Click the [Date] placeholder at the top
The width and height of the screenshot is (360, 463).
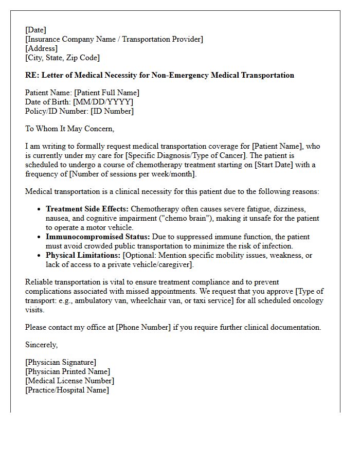pos(35,30)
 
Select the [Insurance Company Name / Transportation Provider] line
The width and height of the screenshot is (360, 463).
pos(114,39)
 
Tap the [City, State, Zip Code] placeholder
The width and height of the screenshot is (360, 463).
pos(62,58)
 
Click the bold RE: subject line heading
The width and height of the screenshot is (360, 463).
pos(159,75)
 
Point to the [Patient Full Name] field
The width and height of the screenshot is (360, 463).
pos(106,93)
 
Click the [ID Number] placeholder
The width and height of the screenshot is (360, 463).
pos(112,111)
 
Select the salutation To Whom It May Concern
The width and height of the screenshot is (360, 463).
pos(69,129)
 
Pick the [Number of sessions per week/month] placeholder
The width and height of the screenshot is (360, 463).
pos(127,174)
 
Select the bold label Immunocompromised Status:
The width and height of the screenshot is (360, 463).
pos(98,237)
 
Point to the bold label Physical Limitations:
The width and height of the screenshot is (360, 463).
pos(83,255)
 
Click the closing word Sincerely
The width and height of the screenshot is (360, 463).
pos(41,345)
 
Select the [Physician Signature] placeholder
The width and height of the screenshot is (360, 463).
pos(60,362)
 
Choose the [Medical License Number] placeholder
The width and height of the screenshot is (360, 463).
pos(69,381)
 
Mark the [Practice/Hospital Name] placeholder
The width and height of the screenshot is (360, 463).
pos(67,390)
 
